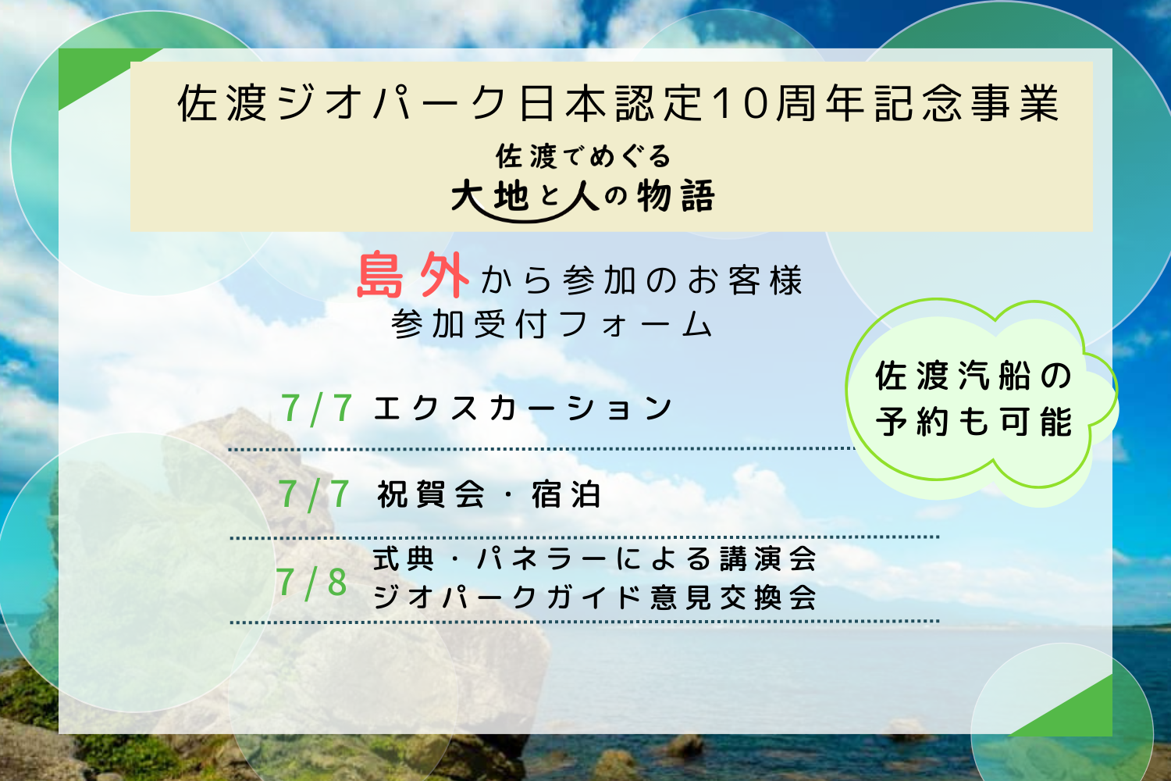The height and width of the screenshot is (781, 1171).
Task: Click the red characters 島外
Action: point(413,275)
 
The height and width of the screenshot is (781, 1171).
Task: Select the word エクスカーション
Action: point(522,408)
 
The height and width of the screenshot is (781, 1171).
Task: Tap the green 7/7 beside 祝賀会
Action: point(315,495)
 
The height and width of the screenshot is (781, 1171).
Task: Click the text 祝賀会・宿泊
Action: point(489,494)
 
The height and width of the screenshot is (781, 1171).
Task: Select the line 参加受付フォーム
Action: point(552,324)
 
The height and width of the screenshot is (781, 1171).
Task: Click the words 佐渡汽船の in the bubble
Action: point(973,376)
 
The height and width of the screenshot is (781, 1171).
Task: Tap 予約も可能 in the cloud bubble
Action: point(974,421)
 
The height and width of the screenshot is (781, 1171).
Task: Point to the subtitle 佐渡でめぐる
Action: point(583,156)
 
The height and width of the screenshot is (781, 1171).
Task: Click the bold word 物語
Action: point(675,196)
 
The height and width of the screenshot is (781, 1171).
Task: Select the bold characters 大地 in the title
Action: point(490,196)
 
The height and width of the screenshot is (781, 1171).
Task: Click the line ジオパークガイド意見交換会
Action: point(594,597)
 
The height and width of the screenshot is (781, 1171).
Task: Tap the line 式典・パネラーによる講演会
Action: point(594,558)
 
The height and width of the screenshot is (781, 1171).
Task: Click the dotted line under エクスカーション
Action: point(542,449)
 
